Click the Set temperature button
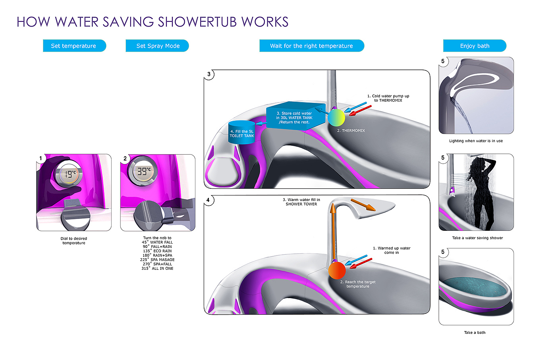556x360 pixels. coord(74,46)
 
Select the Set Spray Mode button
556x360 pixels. coord(157,46)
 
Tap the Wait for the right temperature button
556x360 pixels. coord(311,46)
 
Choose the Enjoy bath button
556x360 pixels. coord(475,46)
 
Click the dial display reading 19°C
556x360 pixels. coord(69,174)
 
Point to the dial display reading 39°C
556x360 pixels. coord(143,171)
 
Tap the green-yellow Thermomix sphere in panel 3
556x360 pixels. coord(336,118)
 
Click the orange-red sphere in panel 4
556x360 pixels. coord(337,270)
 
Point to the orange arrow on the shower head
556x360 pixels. coord(363,205)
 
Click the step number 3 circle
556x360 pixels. coord(209,74)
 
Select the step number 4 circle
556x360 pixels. coord(208,200)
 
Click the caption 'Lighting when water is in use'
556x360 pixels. coord(476,141)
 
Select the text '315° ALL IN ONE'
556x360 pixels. coord(157,269)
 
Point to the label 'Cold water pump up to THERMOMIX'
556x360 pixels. coord(388,98)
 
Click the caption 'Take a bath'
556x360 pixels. coord(475,333)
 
